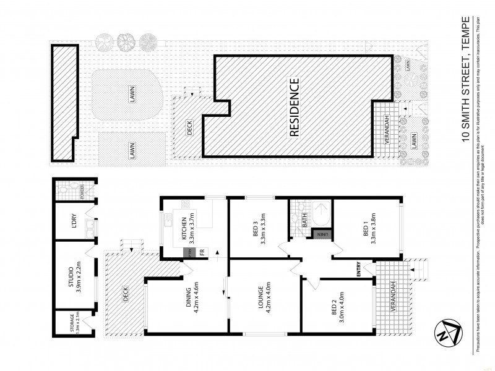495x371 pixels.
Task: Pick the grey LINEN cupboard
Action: [322, 234]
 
